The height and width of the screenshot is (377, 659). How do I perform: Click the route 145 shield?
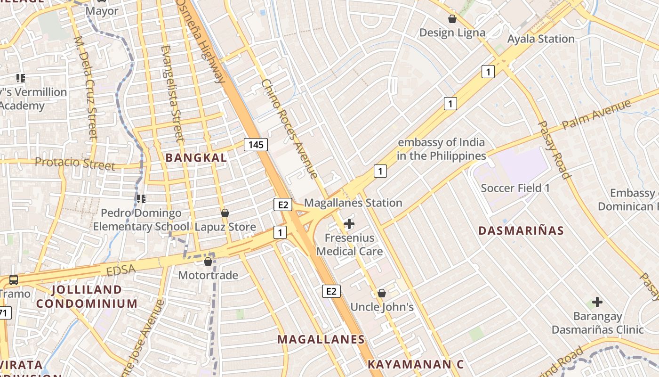[256, 145]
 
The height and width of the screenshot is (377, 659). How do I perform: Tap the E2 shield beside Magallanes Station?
[282, 205]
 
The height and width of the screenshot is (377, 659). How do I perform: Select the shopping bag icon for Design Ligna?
[452, 19]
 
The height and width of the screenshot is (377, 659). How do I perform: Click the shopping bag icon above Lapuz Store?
[225, 213]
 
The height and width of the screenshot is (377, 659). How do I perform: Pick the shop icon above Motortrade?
[208, 262]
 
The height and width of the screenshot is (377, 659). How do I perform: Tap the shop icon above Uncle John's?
[382, 293]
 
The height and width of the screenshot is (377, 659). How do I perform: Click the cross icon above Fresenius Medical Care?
[349, 224]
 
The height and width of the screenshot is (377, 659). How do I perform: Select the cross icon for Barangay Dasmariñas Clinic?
[597, 302]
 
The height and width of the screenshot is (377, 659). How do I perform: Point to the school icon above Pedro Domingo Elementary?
[141, 199]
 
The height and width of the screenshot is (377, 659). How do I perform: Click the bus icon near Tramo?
[14, 279]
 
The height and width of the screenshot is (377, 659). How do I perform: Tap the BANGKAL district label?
[196, 158]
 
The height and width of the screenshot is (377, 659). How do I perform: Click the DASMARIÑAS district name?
[521, 230]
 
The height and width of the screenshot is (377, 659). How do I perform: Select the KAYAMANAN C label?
[416, 364]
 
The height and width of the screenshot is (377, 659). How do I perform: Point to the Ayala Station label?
[541, 39]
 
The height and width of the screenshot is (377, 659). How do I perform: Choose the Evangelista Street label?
[171, 93]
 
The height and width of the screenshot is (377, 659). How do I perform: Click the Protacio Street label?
[75, 164]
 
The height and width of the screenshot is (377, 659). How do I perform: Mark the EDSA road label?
[121, 270]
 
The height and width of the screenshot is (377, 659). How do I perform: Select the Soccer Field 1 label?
[515, 188]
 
